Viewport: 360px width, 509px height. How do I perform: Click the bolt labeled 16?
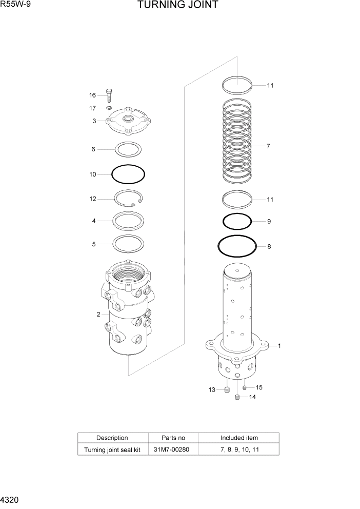click(x=109, y=95)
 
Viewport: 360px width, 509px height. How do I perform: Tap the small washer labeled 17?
click(x=109, y=108)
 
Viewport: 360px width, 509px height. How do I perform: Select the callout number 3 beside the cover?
click(x=94, y=121)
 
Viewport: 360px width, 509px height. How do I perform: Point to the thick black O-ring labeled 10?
click(x=128, y=174)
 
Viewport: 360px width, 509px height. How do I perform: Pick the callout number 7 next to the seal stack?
click(x=268, y=146)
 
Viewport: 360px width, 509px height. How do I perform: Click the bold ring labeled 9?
click(x=237, y=222)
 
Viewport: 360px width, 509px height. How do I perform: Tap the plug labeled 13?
click(x=227, y=390)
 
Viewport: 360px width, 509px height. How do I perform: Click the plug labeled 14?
click(x=237, y=397)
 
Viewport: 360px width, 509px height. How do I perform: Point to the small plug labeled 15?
click(x=245, y=387)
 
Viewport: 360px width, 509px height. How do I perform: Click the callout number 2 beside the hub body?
click(x=98, y=315)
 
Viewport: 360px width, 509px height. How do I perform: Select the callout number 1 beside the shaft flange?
click(x=279, y=346)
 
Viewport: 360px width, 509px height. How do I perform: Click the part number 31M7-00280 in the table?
click(x=173, y=450)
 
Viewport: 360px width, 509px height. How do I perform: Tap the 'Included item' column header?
click(x=239, y=438)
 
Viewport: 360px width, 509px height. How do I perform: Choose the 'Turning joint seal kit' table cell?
click(x=112, y=450)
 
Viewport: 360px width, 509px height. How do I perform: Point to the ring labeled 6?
click(x=128, y=149)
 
